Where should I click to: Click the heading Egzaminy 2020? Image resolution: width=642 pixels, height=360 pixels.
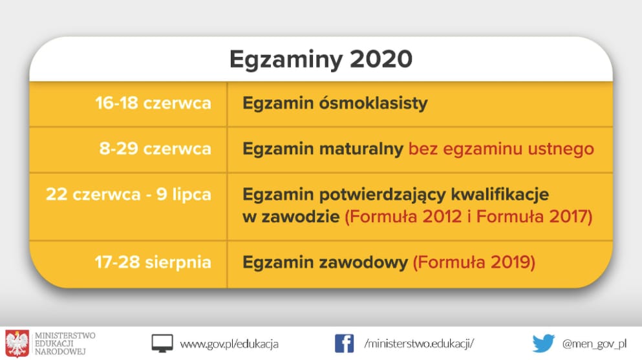coord(321,59)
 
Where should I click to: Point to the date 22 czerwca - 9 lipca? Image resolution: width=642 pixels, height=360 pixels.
coord(129,195)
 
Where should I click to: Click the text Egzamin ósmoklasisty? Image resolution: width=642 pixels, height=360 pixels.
coord(335,103)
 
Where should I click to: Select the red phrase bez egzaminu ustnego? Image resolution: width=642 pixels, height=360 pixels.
coord(501,149)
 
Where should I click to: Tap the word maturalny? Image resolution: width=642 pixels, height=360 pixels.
coord(361,149)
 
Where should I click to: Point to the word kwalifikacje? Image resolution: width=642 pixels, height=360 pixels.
coord(500,195)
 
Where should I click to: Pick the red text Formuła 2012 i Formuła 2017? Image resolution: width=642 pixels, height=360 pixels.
coord(469,217)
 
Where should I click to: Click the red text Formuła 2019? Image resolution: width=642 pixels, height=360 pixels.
coord(474,262)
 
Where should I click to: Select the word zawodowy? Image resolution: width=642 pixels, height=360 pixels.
coord(363,262)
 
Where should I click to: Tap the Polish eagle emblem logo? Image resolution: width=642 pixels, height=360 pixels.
coord(17,344)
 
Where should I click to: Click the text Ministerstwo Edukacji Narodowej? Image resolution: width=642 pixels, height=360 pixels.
coord(65,344)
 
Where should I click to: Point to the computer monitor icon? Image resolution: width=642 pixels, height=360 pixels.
coord(162,344)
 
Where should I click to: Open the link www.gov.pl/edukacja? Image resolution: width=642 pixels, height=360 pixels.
coord(230,344)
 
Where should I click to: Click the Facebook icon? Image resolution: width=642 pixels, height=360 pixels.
coord(344,344)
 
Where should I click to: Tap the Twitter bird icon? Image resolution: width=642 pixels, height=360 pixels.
coord(543,344)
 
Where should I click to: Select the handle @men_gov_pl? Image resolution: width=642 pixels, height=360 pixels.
coord(595,344)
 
